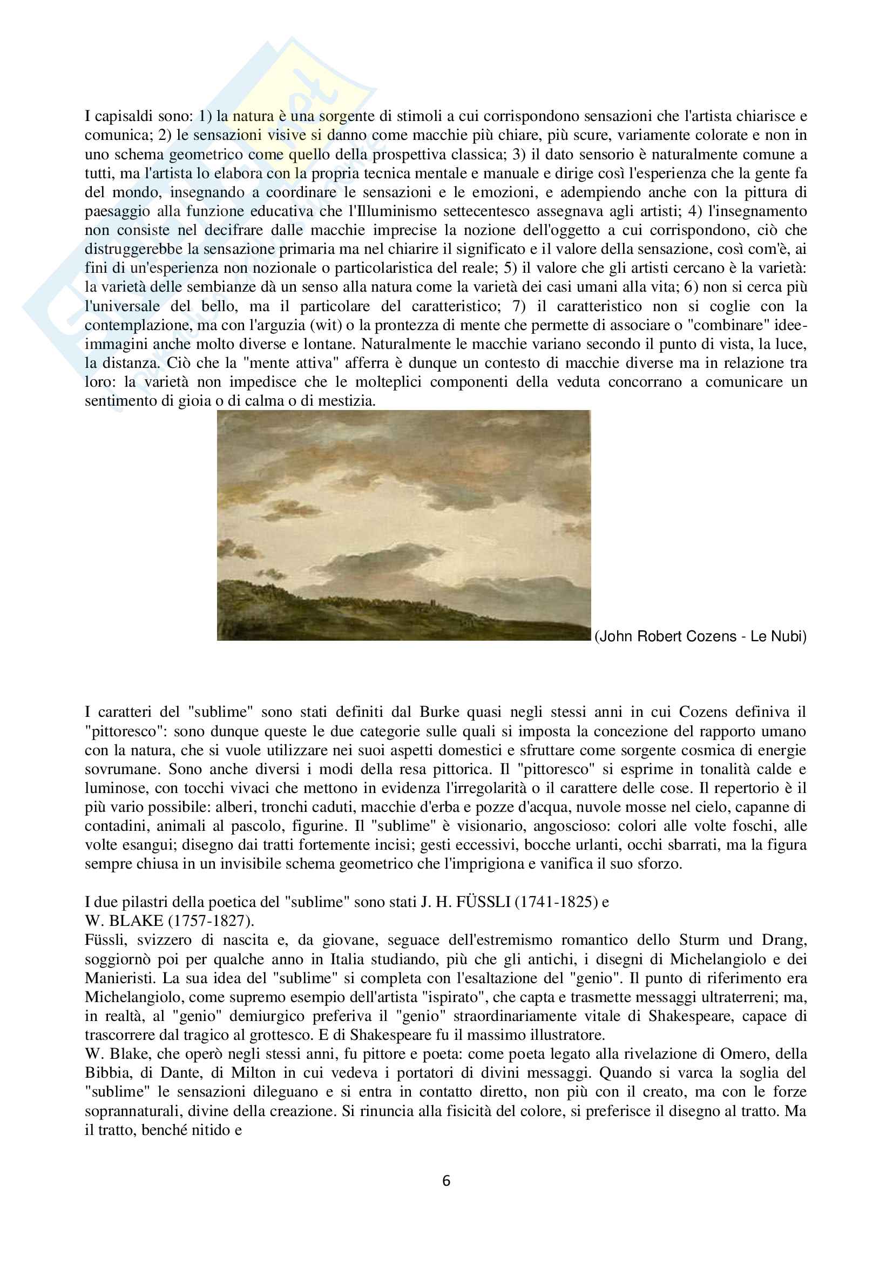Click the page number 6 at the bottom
pyautogui.click(x=446, y=1181)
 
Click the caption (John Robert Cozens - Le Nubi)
pyautogui.click(x=700, y=636)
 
